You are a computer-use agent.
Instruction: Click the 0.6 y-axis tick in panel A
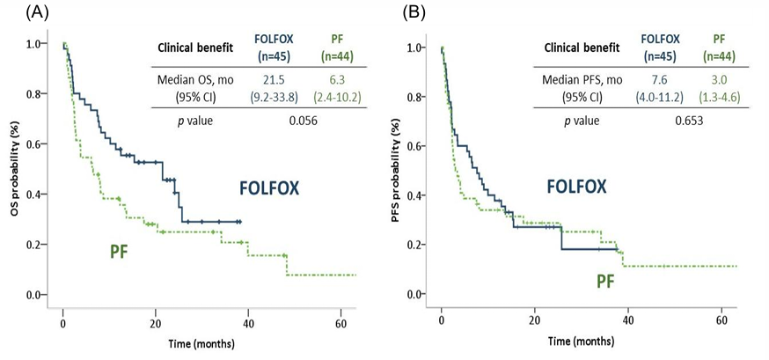tap(35, 143)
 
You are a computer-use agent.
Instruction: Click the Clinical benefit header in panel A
tap(194, 49)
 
